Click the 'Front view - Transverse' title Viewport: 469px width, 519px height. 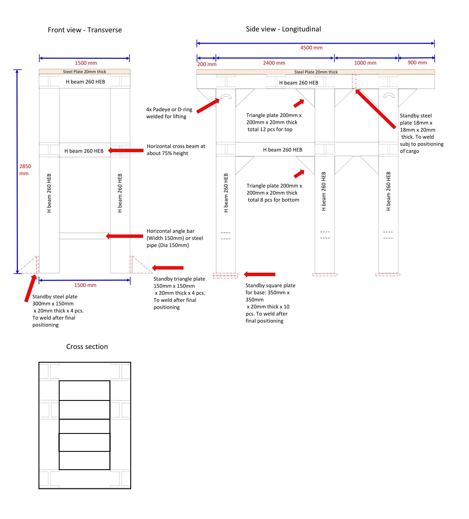click(x=85, y=30)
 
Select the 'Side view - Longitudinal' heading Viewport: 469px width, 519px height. click(x=283, y=29)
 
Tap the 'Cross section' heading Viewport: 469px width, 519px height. click(x=87, y=346)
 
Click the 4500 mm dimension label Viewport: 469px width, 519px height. click(x=311, y=48)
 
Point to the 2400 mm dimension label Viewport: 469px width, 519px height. click(x=274, y=63)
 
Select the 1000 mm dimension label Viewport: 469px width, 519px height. click(x=365, y=63)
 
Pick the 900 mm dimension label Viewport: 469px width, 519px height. click(x=417, y=63)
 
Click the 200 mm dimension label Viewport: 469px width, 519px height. click(x=207, y=64)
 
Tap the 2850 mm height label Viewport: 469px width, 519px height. click(x=25, y=170)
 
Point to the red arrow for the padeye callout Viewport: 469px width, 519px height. click(x=208, y=106)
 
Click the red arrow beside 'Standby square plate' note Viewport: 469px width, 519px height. click(x=259, y=274)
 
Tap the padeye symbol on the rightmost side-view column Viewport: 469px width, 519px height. click(x=389, y=96)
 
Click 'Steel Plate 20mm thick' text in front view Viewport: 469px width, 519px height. click(x=85, y=72)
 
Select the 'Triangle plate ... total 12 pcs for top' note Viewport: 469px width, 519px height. click(x=274, y=122)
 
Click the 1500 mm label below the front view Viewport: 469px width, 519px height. click(x=85, y=285)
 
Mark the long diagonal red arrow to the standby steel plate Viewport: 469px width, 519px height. click(x=375, y=109)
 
